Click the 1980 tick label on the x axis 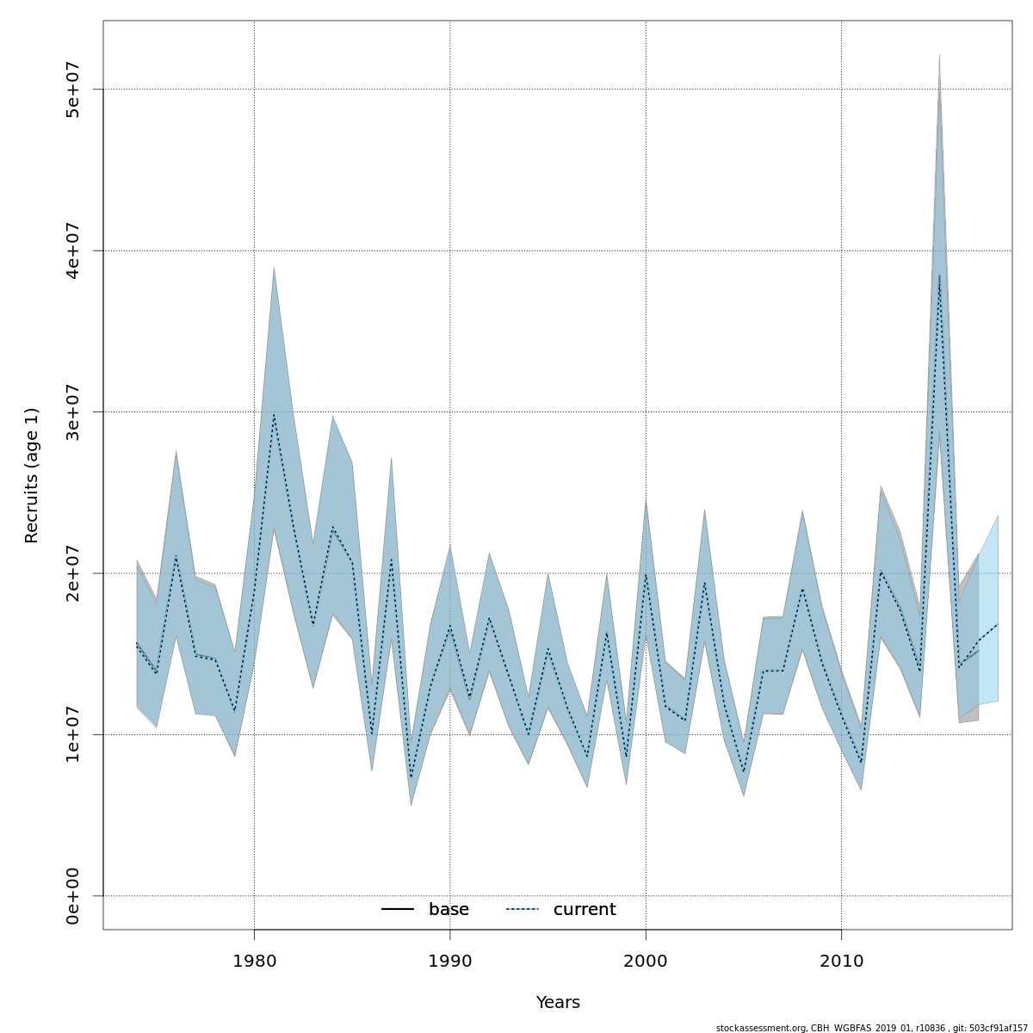254,961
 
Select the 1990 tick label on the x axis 450,961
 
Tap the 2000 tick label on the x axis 646,961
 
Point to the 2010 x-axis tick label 841,961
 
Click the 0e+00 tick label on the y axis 73,896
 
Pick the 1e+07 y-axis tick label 73,734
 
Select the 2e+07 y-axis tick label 73,573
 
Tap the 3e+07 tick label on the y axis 73,411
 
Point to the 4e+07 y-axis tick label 73,251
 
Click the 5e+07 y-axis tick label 73,89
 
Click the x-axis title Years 558,1003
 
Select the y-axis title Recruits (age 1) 32,475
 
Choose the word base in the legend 448,910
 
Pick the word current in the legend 585,910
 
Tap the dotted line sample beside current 522,910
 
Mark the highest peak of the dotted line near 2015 939,275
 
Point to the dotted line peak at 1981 274,414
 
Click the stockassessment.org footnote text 872,1028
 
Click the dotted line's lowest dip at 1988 411,777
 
